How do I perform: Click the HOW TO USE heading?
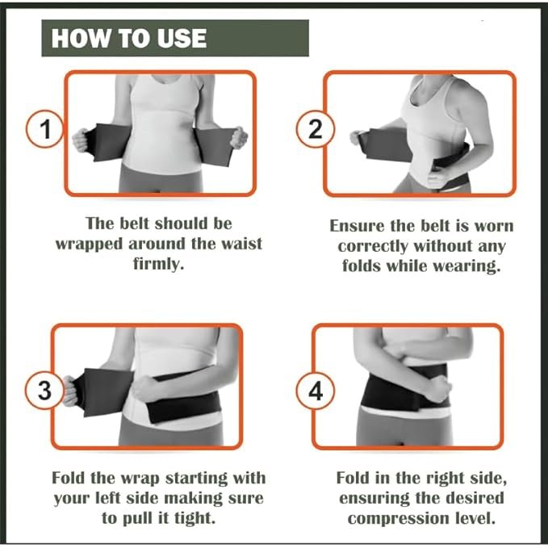pyautogui.click(x=129, y=38)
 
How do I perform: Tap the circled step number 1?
pyautogui.click(x=45, y=129)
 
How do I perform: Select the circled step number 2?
pyautogui.click(x=316, y=129)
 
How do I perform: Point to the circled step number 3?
pyautogui.click(x=44, y=391)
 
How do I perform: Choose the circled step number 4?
pyautogui.click(x=316, y=391)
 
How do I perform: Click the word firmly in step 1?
pyautogui.click(x=159, y=264)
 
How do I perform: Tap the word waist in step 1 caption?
pyautogui.click(x=243, y=243)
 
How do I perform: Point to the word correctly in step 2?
pyautogui.click(x=373, y=247)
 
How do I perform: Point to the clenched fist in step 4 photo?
pyautogui.click(x=438, y=388)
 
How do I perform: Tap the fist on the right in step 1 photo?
pyautogui.click(x=239, y=137)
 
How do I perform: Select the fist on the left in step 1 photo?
pyautogui.click(x=81, y=140)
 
